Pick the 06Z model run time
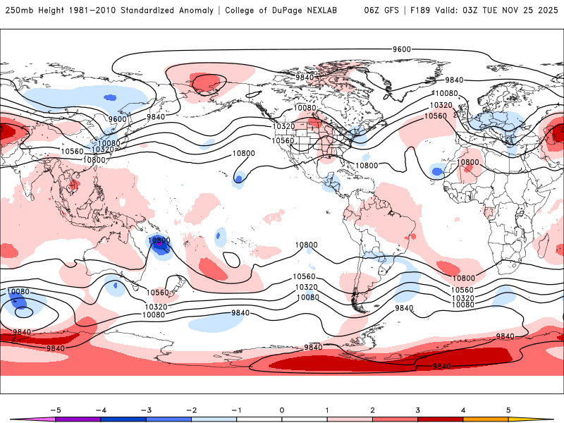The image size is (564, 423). pos(372,11)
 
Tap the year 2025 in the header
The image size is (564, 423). pos(546,11)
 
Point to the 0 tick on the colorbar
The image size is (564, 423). pos(281,410)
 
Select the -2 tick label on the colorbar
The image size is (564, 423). pos(191,410)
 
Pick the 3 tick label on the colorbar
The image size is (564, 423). pos(418,410)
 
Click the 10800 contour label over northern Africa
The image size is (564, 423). pos(467,162)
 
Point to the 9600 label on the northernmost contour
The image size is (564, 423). pos(402,49)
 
